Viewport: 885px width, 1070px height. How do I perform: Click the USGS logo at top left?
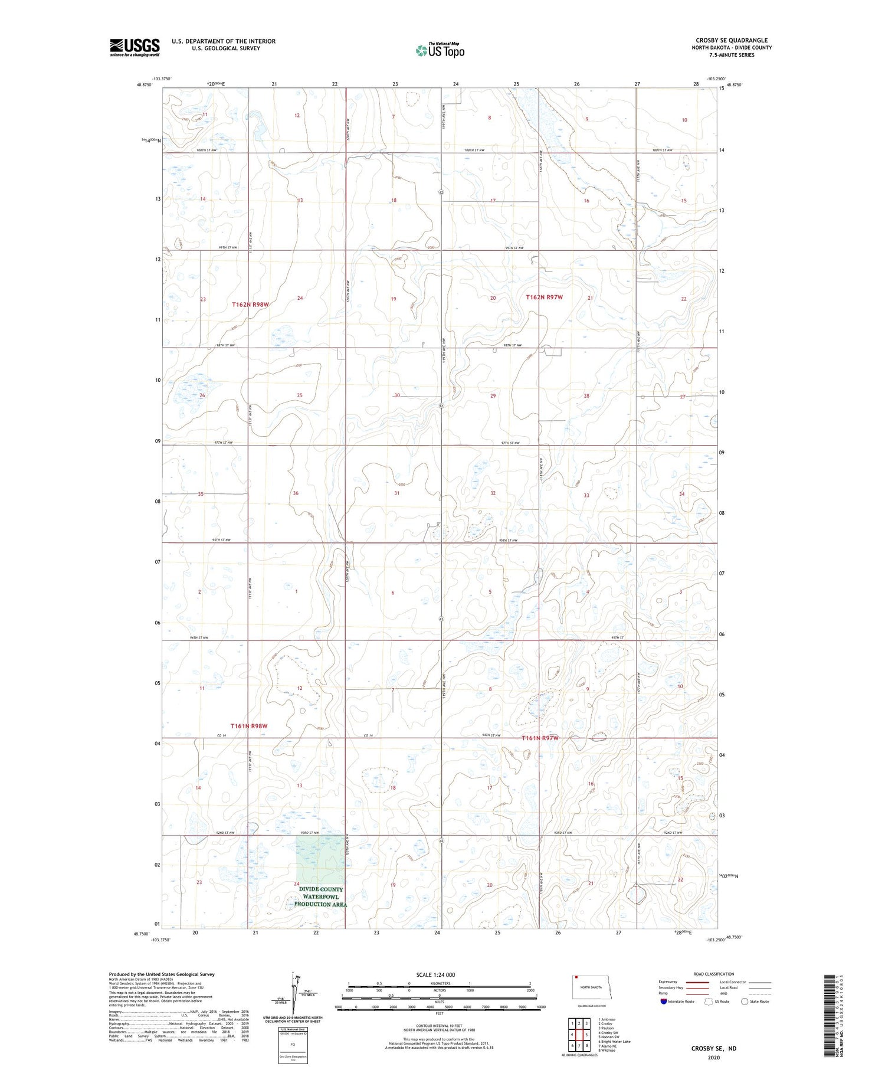point(135,47)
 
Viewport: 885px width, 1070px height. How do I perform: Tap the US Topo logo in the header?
point(440,51)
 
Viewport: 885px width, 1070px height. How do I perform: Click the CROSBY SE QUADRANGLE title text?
point(732,40)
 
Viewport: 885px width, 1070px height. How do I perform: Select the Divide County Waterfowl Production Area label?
point(320,896)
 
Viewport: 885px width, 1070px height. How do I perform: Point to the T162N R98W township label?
point(250,305)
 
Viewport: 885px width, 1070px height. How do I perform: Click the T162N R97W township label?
point(544,297)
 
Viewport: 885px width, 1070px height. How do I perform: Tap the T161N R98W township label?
point(249,726)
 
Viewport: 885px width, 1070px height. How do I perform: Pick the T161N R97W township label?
point(540,738)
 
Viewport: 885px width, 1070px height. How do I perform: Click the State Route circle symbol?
point(745,1002)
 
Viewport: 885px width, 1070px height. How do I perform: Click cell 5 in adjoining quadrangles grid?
point(586,1035)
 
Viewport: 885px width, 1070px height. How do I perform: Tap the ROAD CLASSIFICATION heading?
point(714,974)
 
